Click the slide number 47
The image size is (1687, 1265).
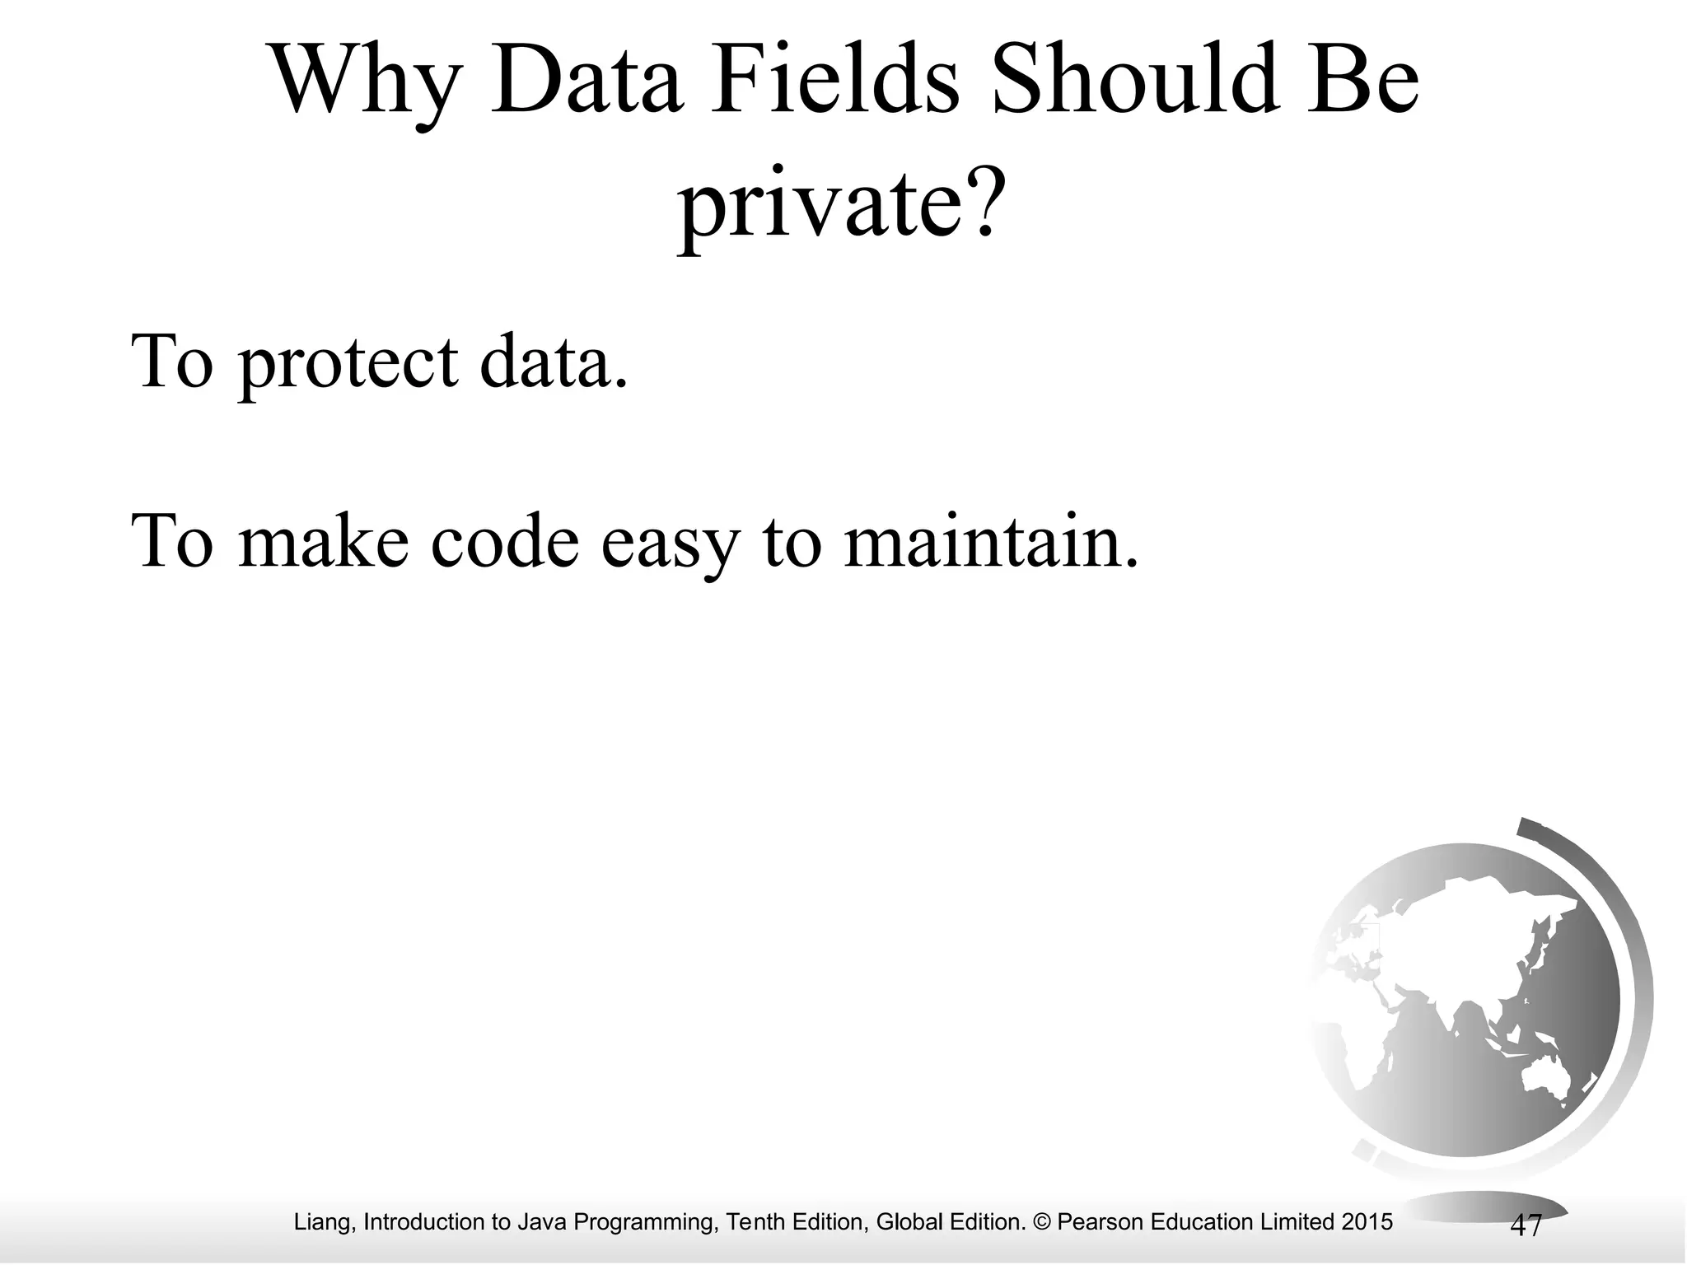(x=1526, y=1225)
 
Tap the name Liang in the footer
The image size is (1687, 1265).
(x=325, y=1222)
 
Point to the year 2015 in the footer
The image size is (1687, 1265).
(x=1367, y=1222)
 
